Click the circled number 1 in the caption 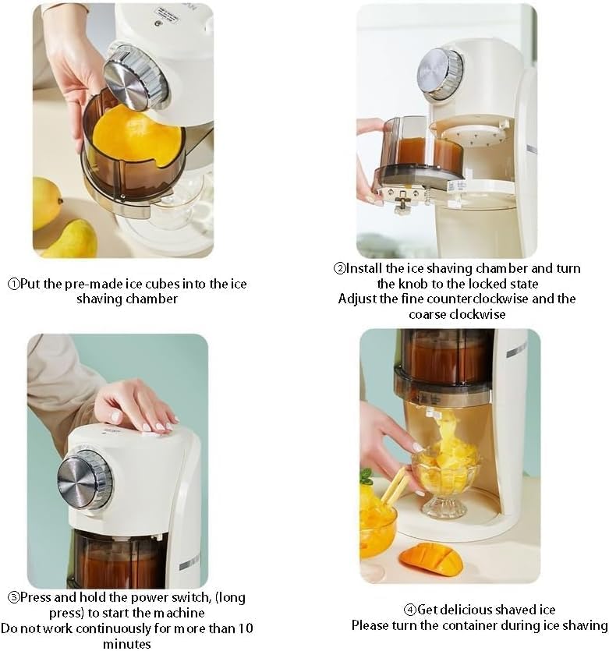pyautogui.click(x=14, y=285)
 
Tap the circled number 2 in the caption pyautogui.click(x=339, y=269)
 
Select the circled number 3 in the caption pyautogui.click(x=14, y=598)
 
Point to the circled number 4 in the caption pyautogui.click(x=410, y=610)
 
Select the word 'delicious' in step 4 pyautogui.click(x=468, y=610)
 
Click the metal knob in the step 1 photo pyautogui.click(x=135, y=78)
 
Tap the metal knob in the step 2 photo pyautogui.click(x=440, y=74)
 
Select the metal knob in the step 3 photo pyautogui.click(x=85, y=479)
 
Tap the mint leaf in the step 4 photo pyautogui.click(x=366, y=476)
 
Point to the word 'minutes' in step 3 pyautogui.click(x=127, y=643)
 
